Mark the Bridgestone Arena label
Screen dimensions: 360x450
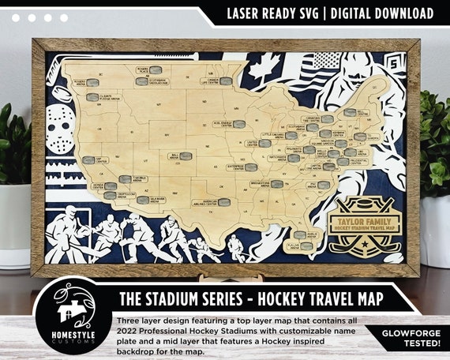click(268, 184)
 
